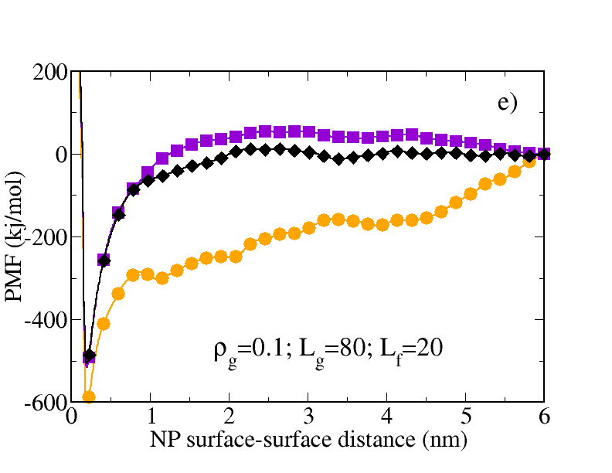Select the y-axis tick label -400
tap(47, 320)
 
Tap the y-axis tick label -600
tap(47, 402)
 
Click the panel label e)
tap(507, 104)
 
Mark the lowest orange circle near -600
tap(89, 396)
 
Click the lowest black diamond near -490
tap(90, 356)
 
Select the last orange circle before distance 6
tap(529, 161)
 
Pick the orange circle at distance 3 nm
tap(309, 227)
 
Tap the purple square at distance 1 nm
tap(148, 172)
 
